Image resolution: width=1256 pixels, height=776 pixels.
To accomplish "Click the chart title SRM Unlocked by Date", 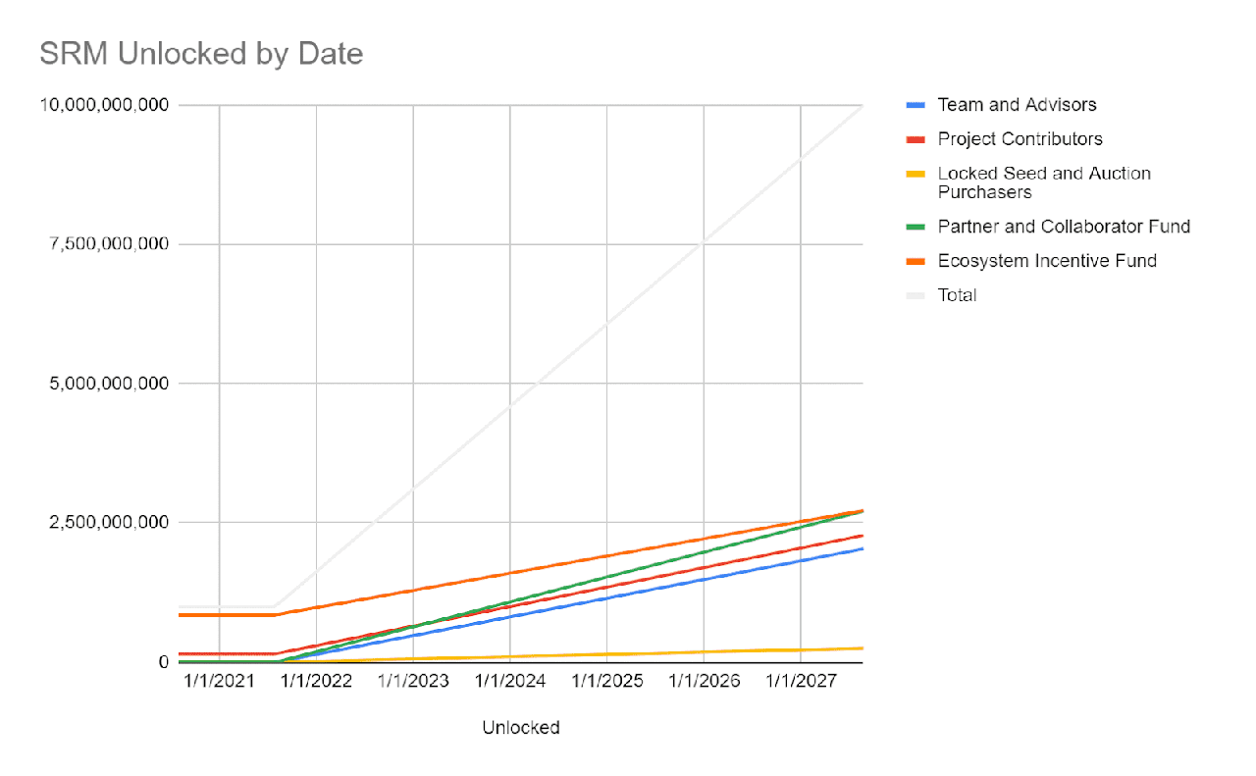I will (201, 53).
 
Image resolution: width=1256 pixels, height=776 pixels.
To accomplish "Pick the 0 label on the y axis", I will (163, 662).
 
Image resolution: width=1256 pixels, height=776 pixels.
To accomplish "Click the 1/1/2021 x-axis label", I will (219, 681).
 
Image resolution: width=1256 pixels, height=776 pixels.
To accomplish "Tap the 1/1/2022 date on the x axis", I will (316, 681).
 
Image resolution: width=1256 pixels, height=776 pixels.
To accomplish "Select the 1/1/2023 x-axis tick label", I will (413, 681).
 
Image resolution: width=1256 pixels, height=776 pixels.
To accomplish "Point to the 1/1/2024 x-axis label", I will (509, 681).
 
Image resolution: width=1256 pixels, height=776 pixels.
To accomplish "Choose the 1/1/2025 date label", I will (606, 681).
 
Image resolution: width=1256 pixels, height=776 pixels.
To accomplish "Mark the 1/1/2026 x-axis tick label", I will (704, 681).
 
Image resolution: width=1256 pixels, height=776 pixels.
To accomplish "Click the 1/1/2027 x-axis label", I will (801, 681).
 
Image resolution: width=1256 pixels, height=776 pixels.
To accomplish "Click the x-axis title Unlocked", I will (521, 728).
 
